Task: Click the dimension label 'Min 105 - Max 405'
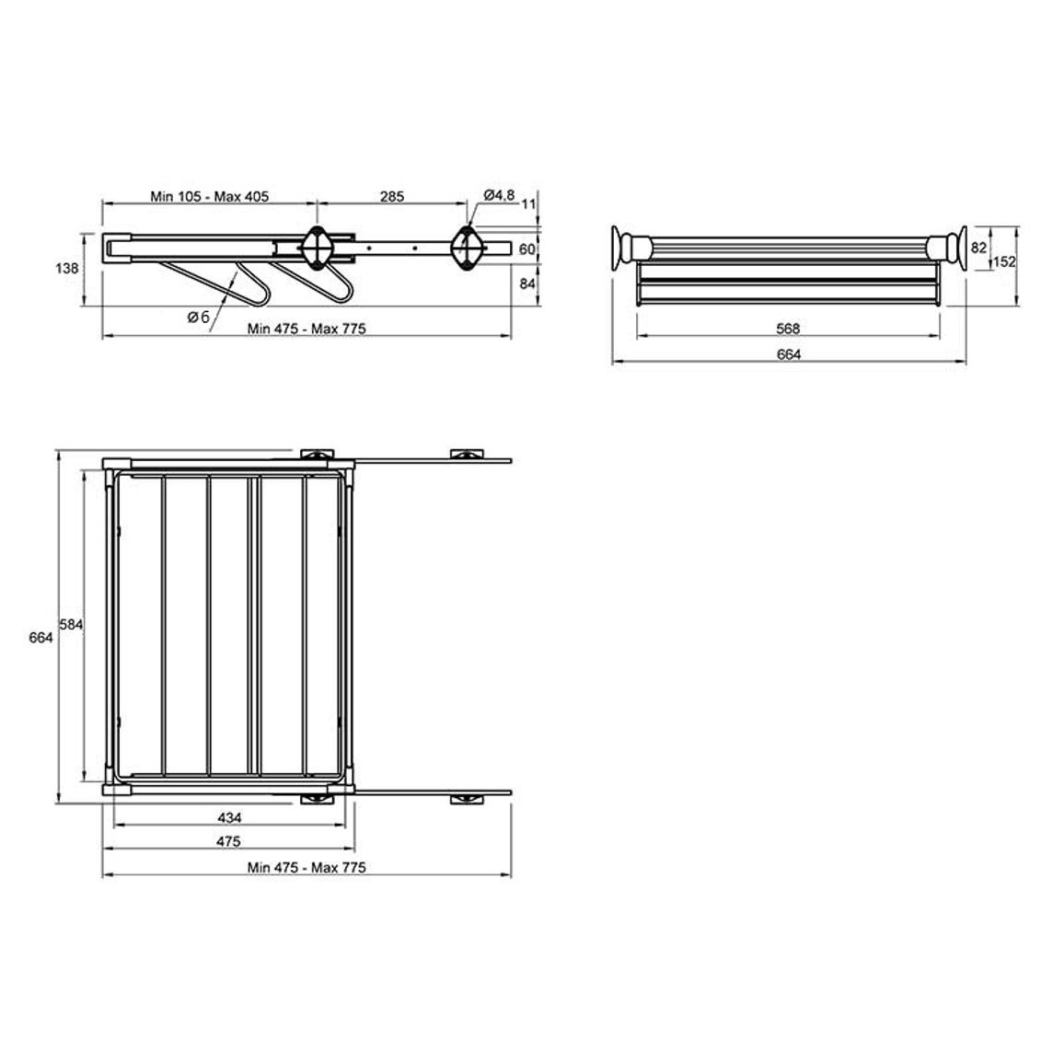(210, 197)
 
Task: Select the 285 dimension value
(392, 197)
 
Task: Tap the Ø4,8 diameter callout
(500, 195)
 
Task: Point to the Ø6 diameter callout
(199, 317)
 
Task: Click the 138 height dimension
(66, 269)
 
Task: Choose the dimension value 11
(528, 204)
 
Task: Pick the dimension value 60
(527, 249)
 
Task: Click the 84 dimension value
(527, 283)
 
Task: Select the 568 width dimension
(788, 330)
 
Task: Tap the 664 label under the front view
(789, 355)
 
